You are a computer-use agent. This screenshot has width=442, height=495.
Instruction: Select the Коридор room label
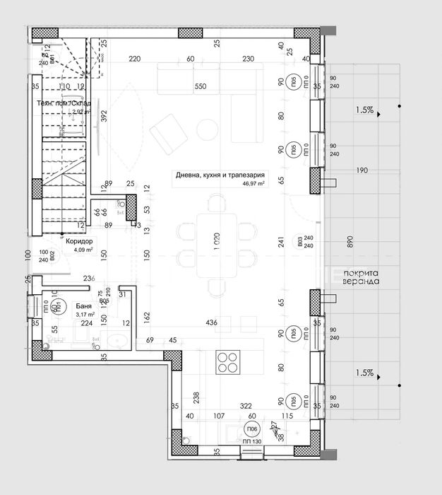(79, 241)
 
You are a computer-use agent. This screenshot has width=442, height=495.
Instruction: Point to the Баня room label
(83, 307)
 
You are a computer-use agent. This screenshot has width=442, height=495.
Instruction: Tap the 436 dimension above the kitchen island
(211, 323)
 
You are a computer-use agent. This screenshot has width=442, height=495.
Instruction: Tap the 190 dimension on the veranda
(362, 170)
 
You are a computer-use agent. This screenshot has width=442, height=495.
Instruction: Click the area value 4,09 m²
(83, 249)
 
